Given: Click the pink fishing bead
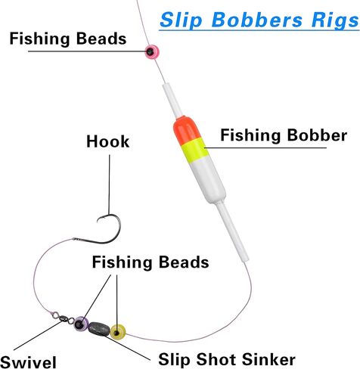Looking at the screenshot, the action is click(152, 52).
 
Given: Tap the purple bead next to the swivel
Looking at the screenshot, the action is click(81, 324).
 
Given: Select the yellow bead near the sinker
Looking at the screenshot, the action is click(118, 332).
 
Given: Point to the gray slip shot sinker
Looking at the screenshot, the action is click(99, 328).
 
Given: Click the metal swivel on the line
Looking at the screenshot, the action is click(63, 318).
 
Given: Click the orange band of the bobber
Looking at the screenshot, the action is click(186, 129).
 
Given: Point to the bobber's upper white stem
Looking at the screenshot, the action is click(172, 101).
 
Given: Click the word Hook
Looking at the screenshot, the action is click(108, 141).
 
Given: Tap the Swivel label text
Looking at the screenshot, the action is click(28, 362).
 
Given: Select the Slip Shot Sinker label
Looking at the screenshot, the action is click(227, 359).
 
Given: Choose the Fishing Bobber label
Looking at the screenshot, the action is click(284, 135).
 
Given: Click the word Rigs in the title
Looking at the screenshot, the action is click(335, 20).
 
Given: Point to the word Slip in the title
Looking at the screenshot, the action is click(182, 20).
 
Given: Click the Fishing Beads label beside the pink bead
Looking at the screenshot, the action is click(68, 39).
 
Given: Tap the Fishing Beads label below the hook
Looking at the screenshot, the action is click(151, 262).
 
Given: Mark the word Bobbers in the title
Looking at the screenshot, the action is click(257, 20).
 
